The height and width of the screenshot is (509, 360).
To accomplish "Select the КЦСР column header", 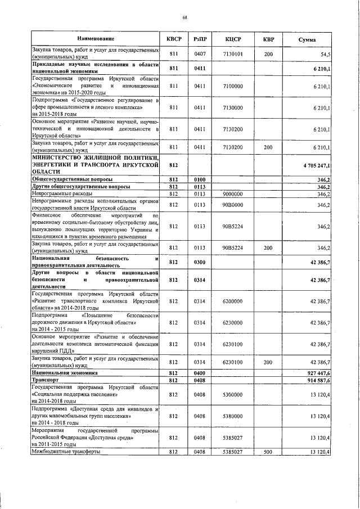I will coord(233,39).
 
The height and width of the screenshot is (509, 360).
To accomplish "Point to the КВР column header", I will coord(268,39).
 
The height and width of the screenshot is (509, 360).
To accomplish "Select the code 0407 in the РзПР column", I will coord(200,54).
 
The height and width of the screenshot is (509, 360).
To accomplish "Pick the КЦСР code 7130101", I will coord(233,54).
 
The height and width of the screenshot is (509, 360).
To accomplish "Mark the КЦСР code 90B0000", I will coord(233,205).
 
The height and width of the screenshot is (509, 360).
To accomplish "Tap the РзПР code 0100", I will coord(200,179).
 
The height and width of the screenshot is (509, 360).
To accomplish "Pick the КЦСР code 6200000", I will coord(233,301).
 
